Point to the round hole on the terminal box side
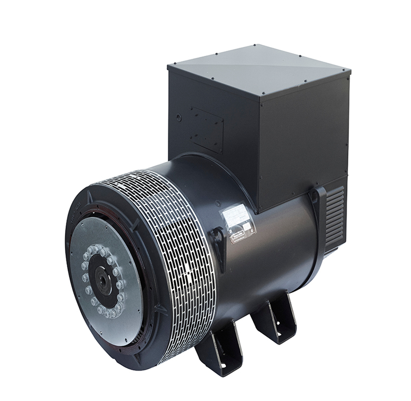pyautogui.click(x=179, y=118)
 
